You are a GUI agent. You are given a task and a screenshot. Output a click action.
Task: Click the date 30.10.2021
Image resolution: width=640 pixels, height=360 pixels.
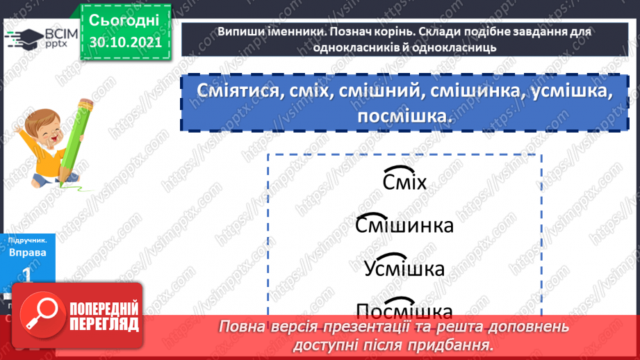tap(124, 41)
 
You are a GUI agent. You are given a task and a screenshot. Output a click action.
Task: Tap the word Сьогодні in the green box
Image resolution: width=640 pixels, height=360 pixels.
tap(124, 19)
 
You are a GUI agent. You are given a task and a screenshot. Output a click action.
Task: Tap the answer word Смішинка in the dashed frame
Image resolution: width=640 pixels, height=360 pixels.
tap(404, 226)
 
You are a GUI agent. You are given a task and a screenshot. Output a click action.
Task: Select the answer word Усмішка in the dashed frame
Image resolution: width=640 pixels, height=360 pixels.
tap(404, 268)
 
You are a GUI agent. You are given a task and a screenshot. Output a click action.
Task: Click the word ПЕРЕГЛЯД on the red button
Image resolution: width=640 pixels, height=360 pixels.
tap(105, 323)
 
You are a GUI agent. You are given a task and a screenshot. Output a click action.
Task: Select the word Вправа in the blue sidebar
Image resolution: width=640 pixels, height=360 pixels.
tap(28, 252)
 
